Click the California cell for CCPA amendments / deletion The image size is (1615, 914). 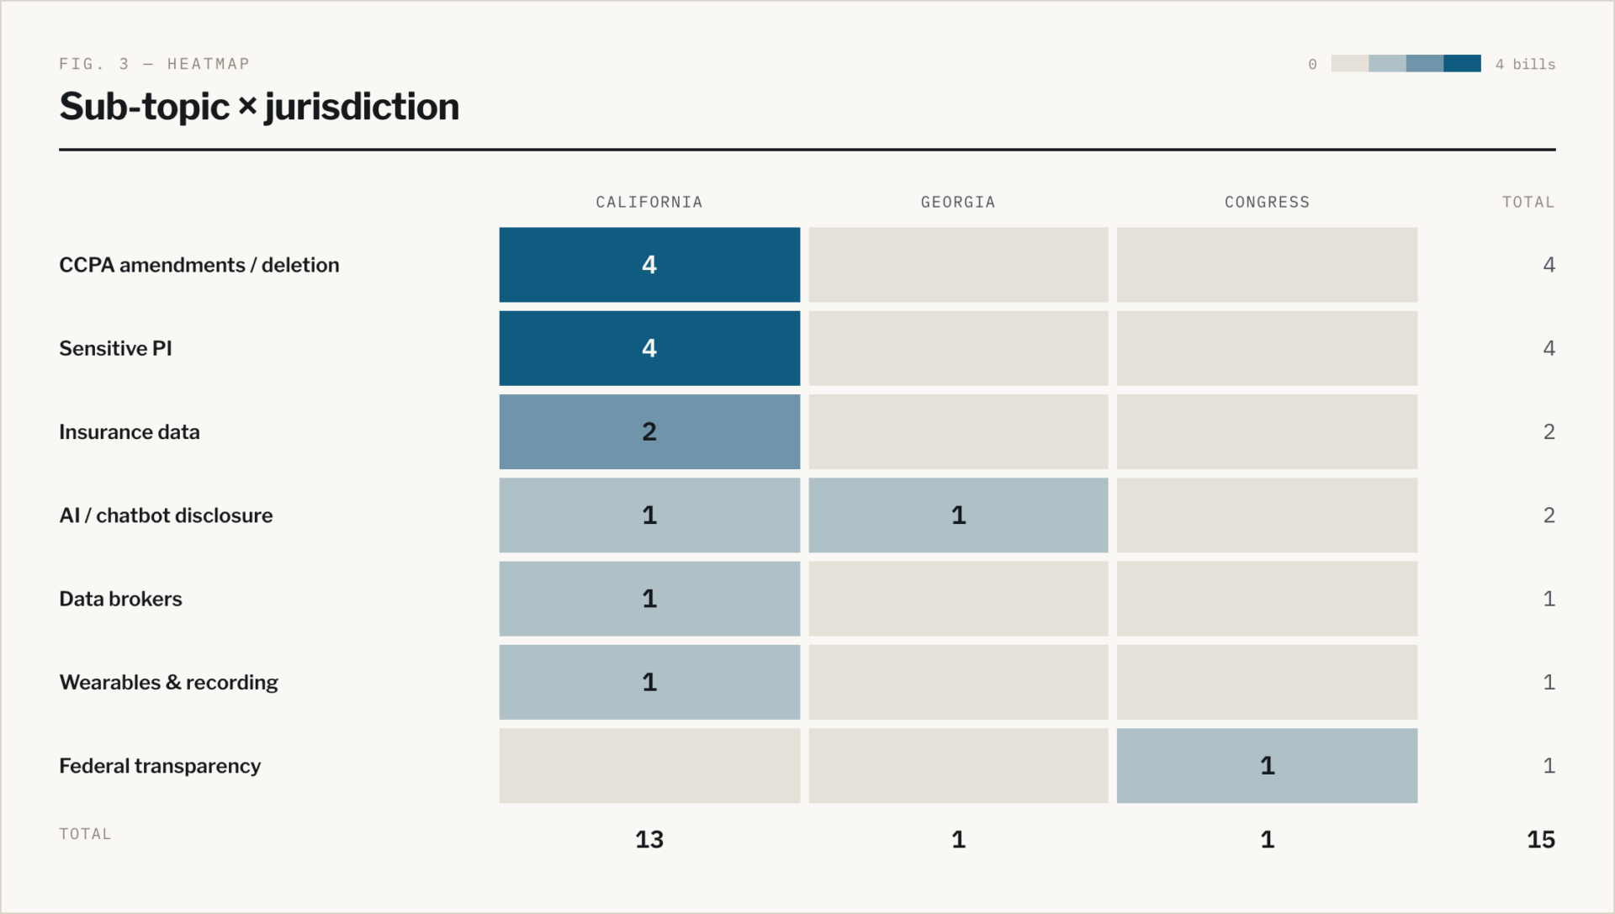[x=649, y=265]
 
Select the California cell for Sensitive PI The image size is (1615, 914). [x=649, y=348]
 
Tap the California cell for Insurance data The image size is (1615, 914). [x=649, y=431]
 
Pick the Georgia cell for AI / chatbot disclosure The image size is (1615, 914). [x=958, y=515]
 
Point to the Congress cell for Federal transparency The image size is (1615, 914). [x=1267, y=766]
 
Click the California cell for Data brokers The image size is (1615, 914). [x=649, y=599]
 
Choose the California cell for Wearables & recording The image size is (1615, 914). [x=649, y=682]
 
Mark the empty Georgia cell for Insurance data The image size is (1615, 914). [x=958, y=431]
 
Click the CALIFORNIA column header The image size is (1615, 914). [x=649, y=203]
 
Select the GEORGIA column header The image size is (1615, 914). [x=958, y=203]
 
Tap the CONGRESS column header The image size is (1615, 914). [x=1267, y=203]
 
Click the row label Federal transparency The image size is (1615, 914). [x=160, y=766]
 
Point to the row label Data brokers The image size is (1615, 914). [x=120, y=599]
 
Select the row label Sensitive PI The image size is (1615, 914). [x=115, y=348]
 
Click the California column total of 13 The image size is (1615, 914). [x=649, y=839]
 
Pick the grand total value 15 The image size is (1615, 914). [x=1541, y=839]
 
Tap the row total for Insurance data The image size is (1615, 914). [x=1549, y=431]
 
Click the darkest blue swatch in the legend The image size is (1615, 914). [x=1462, y=64]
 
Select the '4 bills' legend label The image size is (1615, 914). [x=1525, y=65]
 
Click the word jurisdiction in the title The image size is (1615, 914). [x=362, y=108]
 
